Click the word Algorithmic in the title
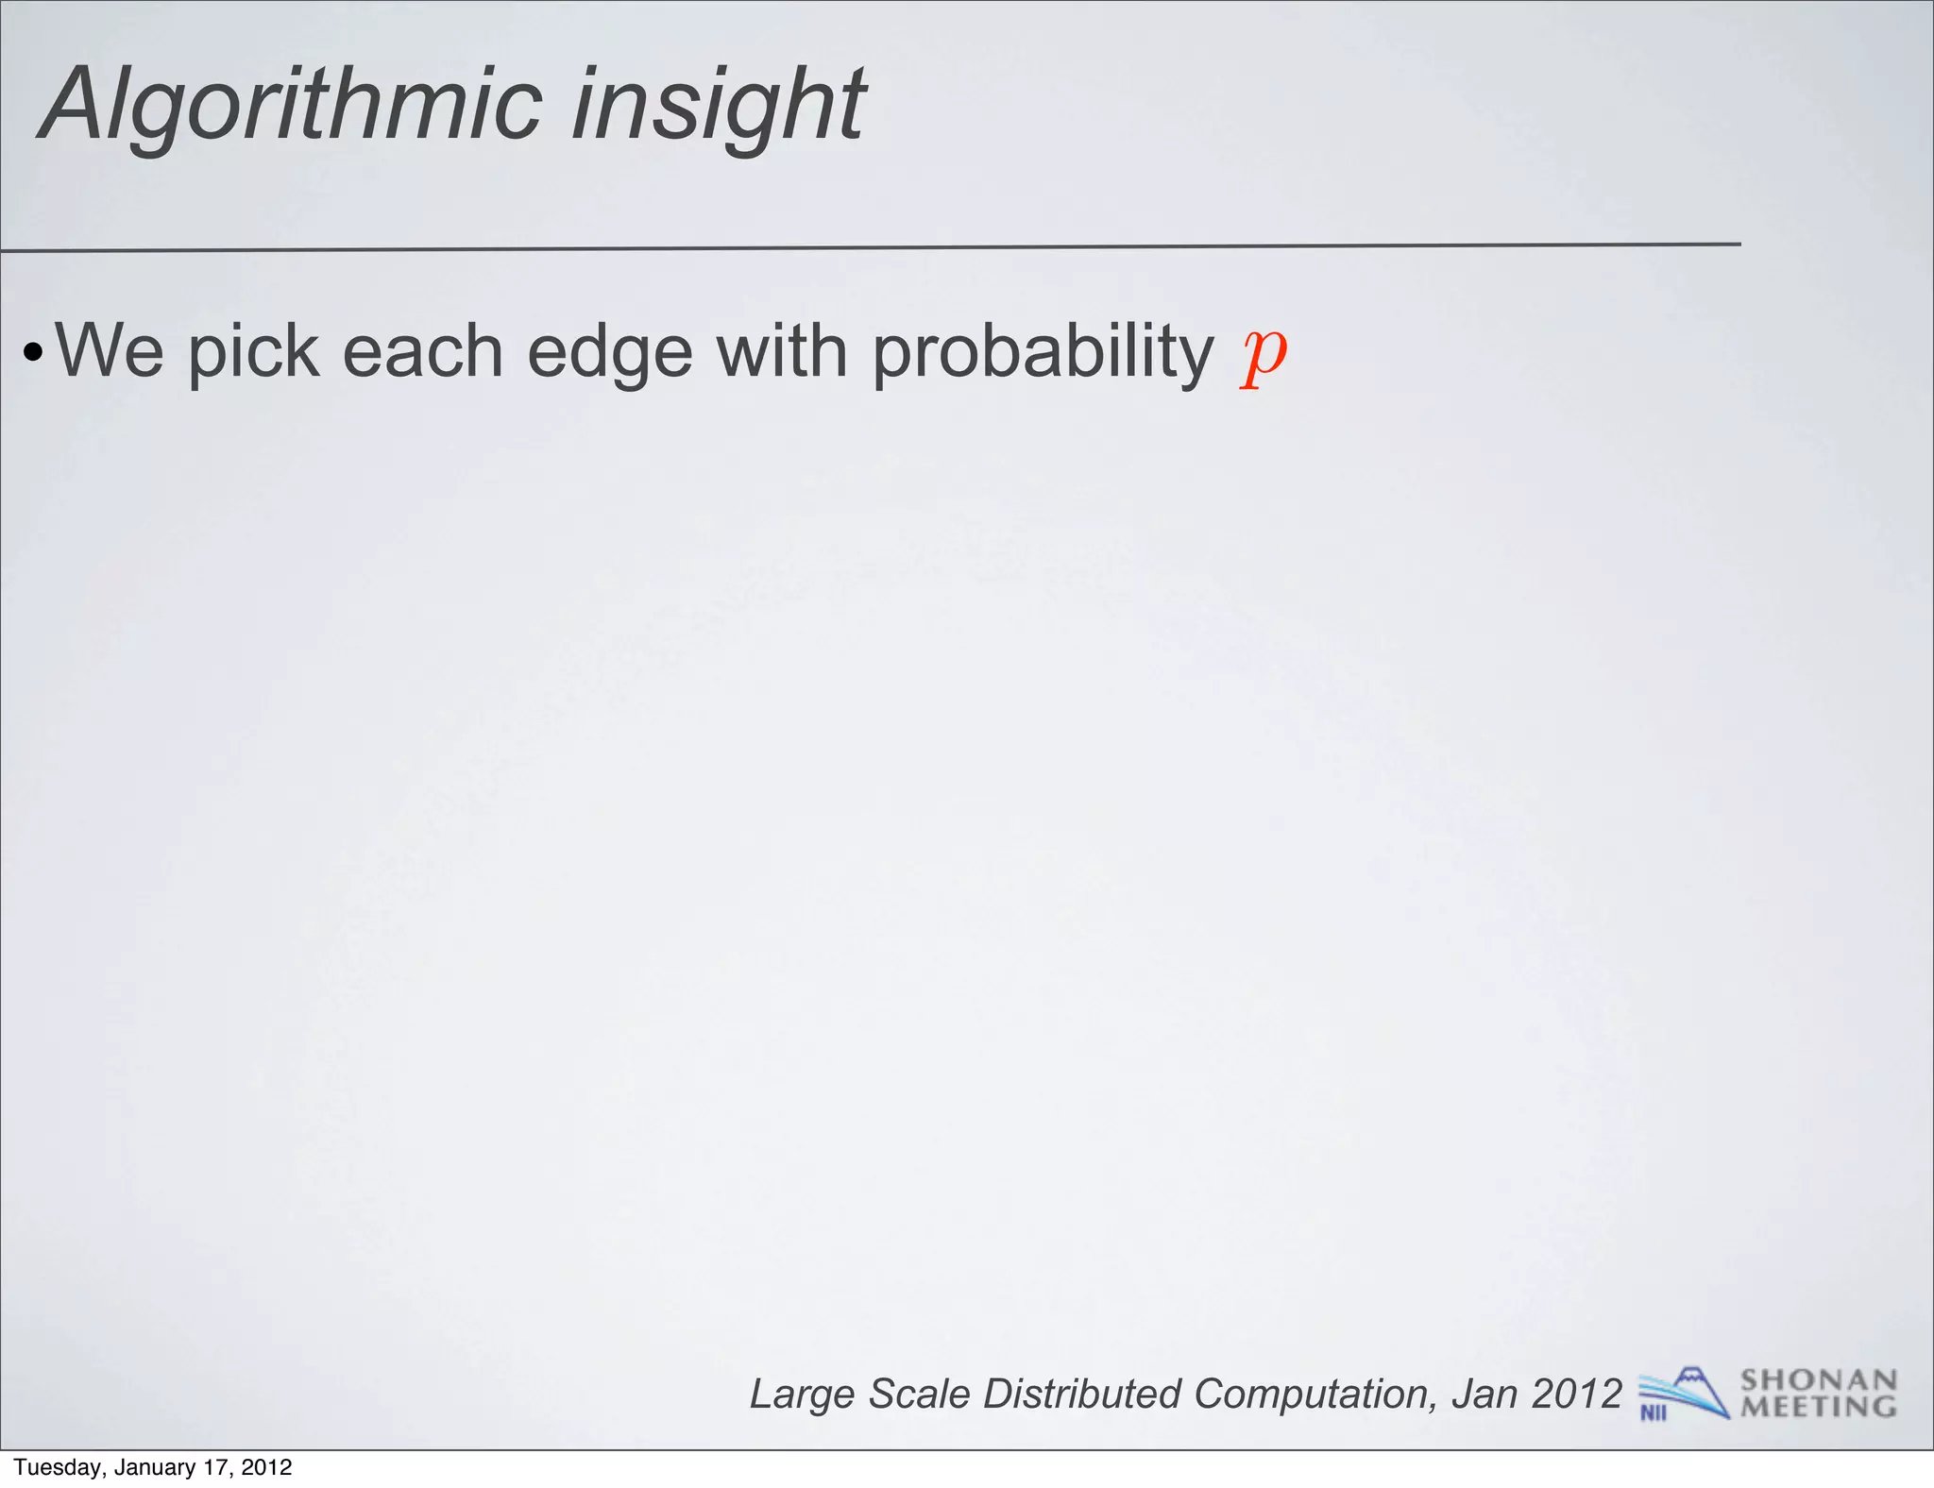pos(293,106)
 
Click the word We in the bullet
pos(110,351)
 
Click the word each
pos(422,351)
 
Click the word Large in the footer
pos(802,1395)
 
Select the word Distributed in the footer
pos(1081,1394)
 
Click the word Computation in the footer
pos(1314,1395)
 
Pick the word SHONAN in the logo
pos(1819,1380)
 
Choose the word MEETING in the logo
pos(1819,1407)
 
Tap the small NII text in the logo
pos(1654,1412)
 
